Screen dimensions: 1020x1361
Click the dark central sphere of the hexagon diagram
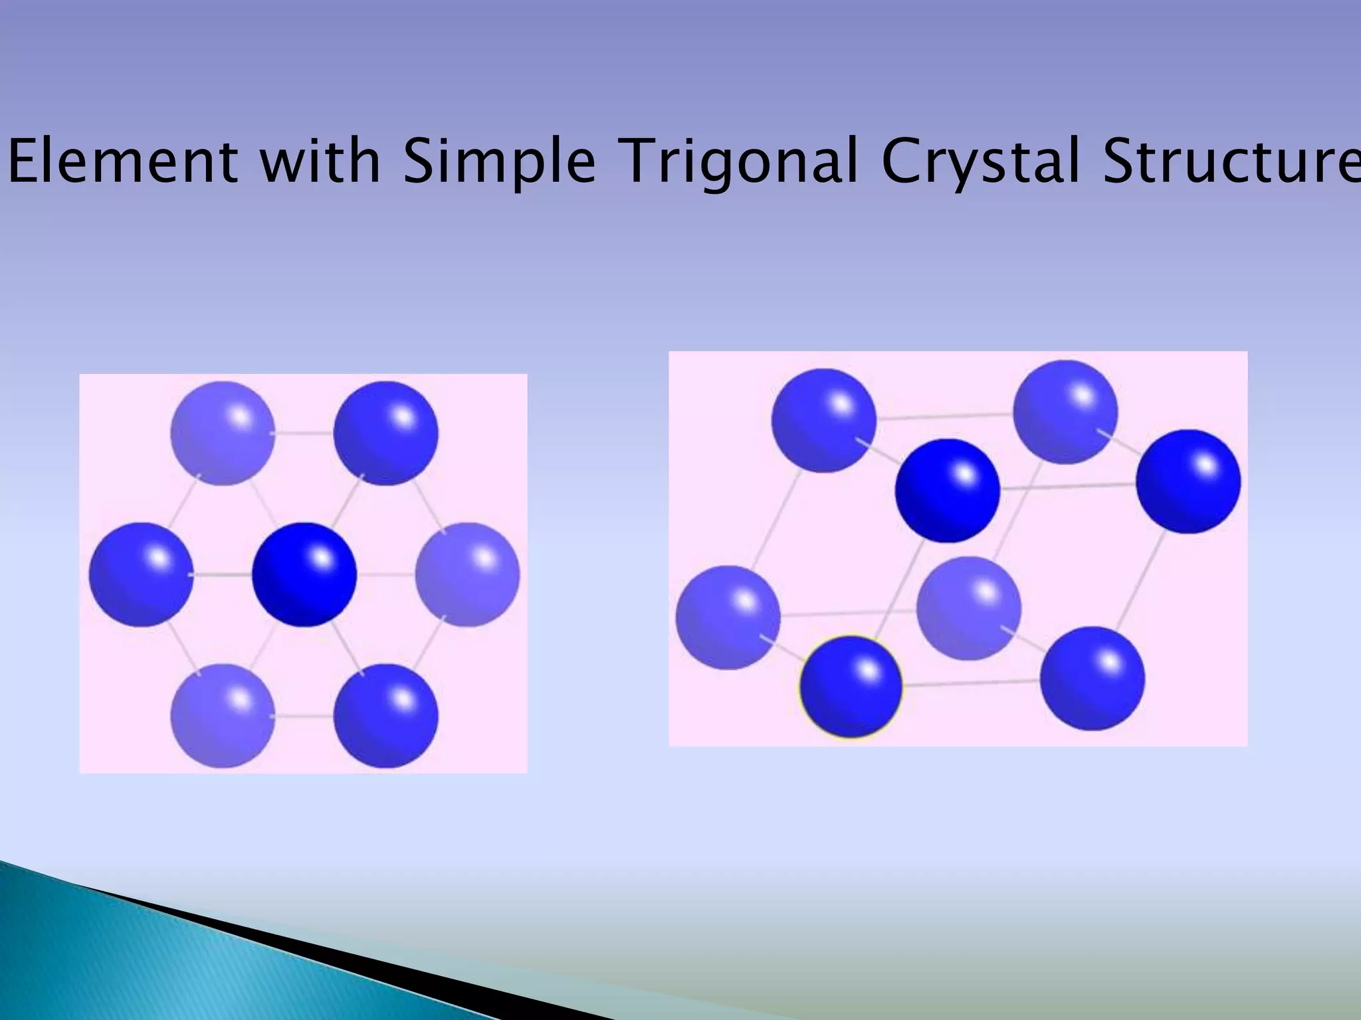coord(304,574)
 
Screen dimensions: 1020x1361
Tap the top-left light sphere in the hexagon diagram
coord(223,433)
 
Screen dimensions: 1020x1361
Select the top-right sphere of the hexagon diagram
coord(385,433)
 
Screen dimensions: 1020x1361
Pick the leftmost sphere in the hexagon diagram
coord(141,574)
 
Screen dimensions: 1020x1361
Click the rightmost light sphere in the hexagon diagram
coord(467,574)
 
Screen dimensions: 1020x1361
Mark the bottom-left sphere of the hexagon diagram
coord(223,715)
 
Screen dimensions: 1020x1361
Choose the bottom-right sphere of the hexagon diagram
coord(385,715)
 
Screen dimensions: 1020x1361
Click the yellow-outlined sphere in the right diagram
coord(851,687)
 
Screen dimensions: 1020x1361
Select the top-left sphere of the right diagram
coord(823,420)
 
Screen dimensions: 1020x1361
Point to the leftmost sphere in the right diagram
coord(728,618)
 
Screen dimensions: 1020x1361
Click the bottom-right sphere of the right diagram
coord(1093,679)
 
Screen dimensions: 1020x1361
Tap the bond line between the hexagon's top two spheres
coord(304,433)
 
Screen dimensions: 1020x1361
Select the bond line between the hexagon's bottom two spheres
coord(304,716)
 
